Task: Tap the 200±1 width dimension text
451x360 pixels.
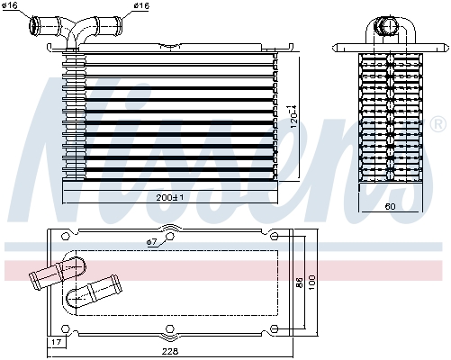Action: (170, 197)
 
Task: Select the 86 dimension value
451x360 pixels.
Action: (298, 282)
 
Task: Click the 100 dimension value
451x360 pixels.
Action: (312, 282)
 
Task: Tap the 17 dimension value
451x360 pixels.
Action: (56, 343)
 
